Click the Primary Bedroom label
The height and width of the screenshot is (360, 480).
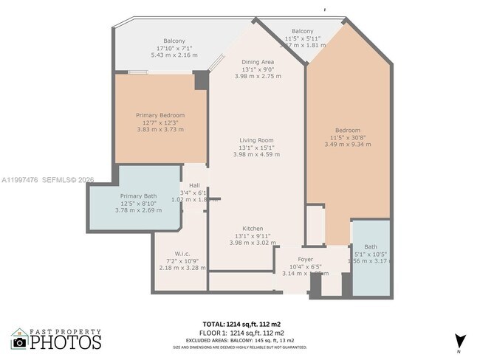point(160,115)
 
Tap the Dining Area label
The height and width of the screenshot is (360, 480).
point(258,62)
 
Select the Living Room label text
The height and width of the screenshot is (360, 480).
point(256,140)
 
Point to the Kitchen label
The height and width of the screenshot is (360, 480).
point(253,229)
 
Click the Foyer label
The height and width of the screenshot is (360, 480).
point(306,259)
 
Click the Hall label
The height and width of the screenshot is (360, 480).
point(194,185)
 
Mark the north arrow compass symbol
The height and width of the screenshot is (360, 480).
point(462,342)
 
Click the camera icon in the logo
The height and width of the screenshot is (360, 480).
point(20,342)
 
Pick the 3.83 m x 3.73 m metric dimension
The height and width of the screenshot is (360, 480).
point(160,129)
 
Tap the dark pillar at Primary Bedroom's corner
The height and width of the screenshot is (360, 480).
point(201,80)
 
